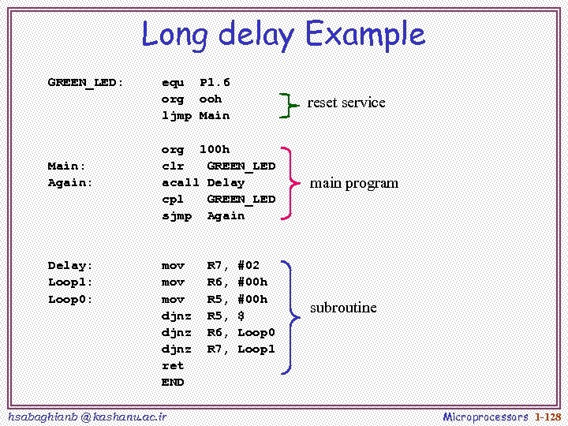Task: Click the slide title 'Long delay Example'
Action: click(283, 35)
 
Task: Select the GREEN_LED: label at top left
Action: click(85, 83)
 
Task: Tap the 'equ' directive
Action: click(173, 83)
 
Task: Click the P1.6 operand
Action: click(215, 83)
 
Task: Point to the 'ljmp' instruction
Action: click(177, 116)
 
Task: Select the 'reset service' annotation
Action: click(346, 103)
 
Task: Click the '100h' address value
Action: click(215, 149)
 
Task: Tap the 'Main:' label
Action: click(66, 166)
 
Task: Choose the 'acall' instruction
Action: click(181, 182)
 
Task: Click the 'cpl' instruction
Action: click(173, 199)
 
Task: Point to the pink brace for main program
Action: click(290, 183)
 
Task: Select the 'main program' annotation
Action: click(354, 183)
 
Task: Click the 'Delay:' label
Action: click(70, 266)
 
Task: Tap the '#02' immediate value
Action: click(248, 266)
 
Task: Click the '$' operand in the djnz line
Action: click(241, 316)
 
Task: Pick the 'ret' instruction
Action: click(173, 365)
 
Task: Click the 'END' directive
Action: click(173, 382)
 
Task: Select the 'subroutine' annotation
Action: click(343, 308)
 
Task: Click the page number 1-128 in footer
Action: click(547, 416)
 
